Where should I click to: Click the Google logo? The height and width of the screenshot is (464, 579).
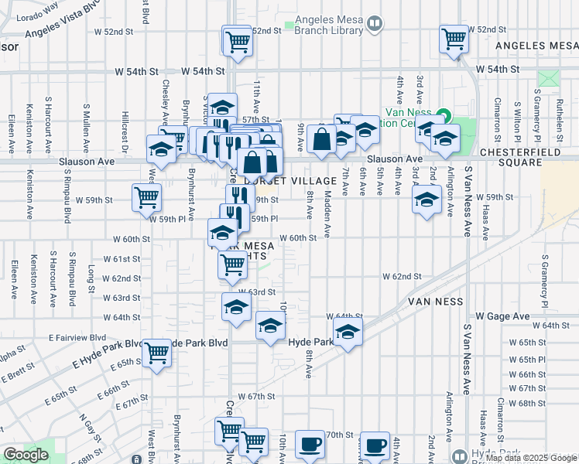click(26, 455)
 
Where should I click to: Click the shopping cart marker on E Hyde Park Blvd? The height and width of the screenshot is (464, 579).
click(157, 353)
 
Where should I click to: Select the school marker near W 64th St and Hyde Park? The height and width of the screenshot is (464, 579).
click(348, 333)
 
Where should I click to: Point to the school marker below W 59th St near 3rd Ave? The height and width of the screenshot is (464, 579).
click(425, 200)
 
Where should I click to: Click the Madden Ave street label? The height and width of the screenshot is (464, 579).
click(327, 213)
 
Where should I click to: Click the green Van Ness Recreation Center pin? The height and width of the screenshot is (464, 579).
click(442, 117)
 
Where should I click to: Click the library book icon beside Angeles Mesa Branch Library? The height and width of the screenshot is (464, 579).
click(375, 25)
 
